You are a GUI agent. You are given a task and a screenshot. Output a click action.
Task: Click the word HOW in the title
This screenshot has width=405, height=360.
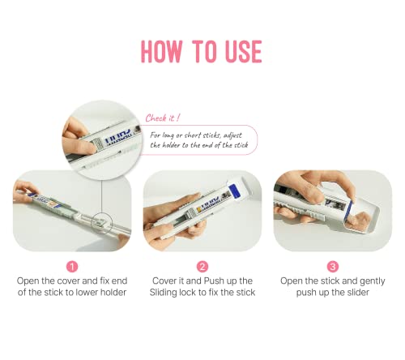(x=162, y=51)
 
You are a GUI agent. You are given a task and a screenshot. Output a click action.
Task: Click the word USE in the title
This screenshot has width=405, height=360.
(x=243, y=51)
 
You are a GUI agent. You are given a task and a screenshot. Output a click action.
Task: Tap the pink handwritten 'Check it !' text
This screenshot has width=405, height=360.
(x=163, y=118)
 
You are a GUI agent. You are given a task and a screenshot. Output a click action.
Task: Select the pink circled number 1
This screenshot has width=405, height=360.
(x=72, y=267)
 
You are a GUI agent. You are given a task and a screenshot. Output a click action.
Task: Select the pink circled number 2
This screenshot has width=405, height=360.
(x=202, y=267)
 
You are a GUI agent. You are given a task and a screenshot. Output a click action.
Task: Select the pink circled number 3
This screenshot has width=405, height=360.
(x=333, y=267)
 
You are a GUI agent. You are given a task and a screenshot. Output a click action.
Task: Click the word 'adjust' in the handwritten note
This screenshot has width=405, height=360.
(x=232, y=135)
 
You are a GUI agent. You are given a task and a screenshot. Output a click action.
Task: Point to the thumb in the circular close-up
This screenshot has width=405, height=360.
(x=80, y=145)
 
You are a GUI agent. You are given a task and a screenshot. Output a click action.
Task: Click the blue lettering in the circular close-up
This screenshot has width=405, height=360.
(x=118, y=138)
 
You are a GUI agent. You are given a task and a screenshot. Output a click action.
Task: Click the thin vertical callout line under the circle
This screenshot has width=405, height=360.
(x=101, y=196)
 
